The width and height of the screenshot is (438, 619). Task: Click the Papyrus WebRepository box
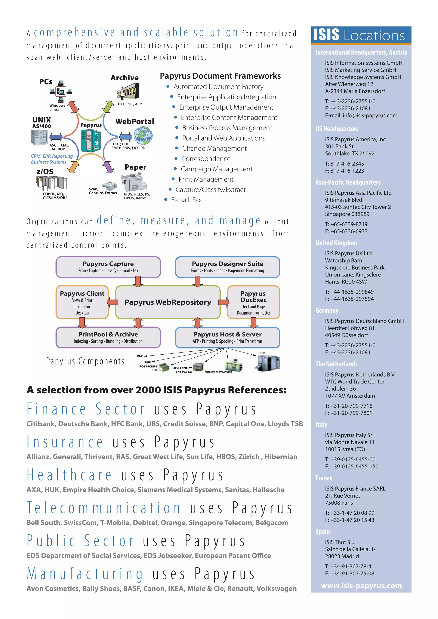(x=168, y=302)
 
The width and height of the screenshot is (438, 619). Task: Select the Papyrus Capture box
(x=108, y=267)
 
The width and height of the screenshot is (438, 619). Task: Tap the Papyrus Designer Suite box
(x=227, y=267)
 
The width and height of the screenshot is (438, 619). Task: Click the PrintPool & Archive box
(x=108, y=338)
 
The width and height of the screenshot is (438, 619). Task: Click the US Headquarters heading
(x=337, y=129)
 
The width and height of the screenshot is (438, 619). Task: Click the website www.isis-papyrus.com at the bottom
(x=361, y=586)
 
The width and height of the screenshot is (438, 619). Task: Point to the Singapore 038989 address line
(x=347, y=214)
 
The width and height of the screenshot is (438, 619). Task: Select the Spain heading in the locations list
(x=323, y=531)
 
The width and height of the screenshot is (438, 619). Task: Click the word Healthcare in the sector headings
(x=69, y=475)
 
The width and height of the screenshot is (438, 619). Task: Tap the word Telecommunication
(x=104, y=508)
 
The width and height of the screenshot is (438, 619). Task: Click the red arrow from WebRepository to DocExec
(x=223, y=302)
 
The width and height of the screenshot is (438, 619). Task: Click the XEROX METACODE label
(x=218, y=372)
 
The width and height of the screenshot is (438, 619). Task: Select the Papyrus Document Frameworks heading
(x=220, y=76)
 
